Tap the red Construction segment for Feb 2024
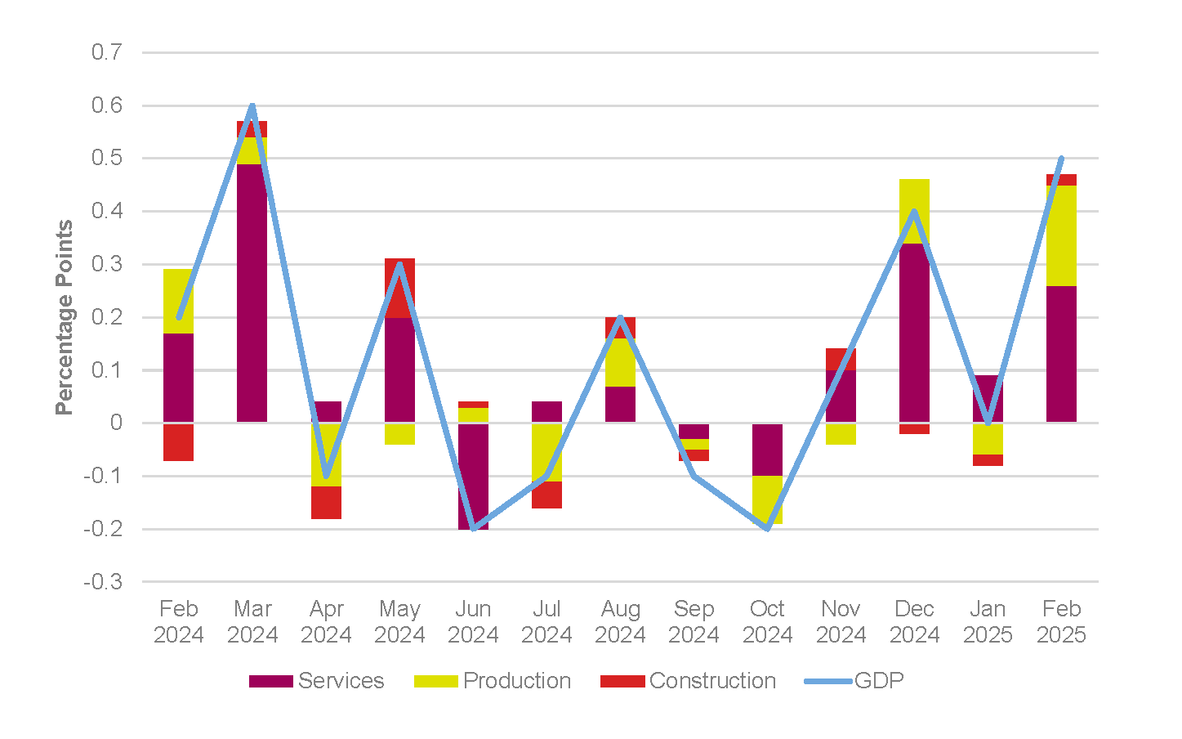tap(178, 442)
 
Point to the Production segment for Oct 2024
tap(767, 499)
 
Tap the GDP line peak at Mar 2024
tap(252, 105)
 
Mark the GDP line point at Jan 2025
tap(988, 423)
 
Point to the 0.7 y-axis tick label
tap(107, 52)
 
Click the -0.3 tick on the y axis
tap(104, 582)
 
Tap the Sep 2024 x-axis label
tap(694, 621)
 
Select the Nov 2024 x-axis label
tap(841, 621)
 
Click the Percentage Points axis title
tap(65, 317)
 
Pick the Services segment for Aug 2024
tap(620, 404)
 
